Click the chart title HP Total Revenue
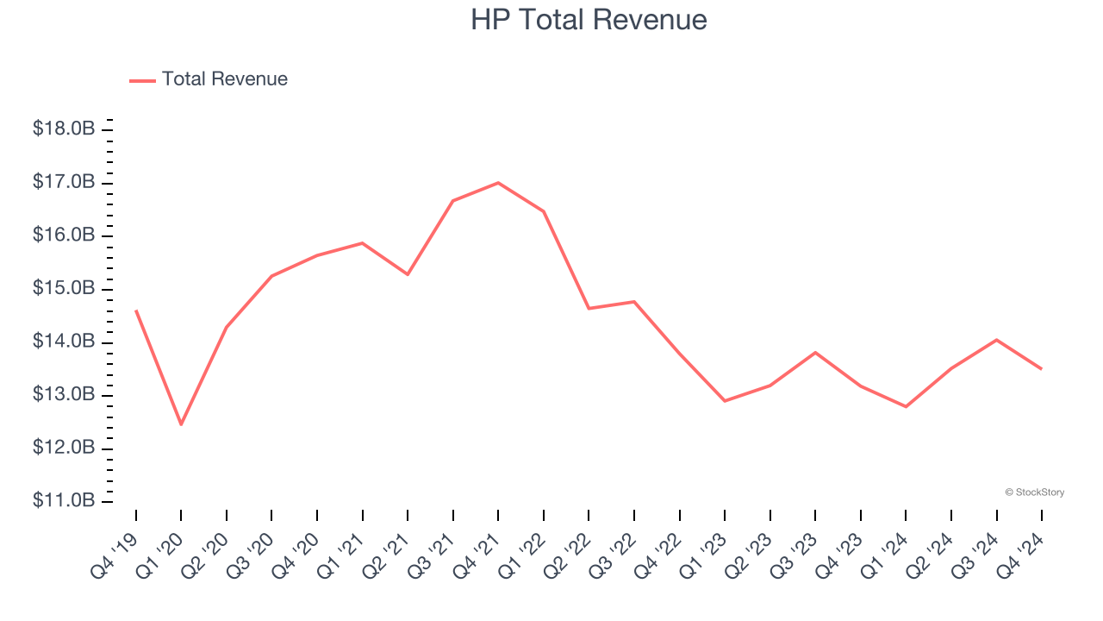point(589,20)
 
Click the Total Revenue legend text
point(224,79)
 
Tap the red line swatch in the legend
point(142,80)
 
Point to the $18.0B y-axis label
point(64,129)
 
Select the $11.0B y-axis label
point(64,501)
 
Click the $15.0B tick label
point(64,288)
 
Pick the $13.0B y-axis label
point(64,395)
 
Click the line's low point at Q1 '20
point(181,424)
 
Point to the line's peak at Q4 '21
point(498,182)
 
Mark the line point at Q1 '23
point(725,401)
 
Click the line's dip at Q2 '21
point(408,274)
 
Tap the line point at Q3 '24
point(997,340)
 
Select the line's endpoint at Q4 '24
point(1041,368)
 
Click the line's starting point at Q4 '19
point(136,310)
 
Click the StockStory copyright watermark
point(1034,492)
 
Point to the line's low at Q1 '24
point(906,406)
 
